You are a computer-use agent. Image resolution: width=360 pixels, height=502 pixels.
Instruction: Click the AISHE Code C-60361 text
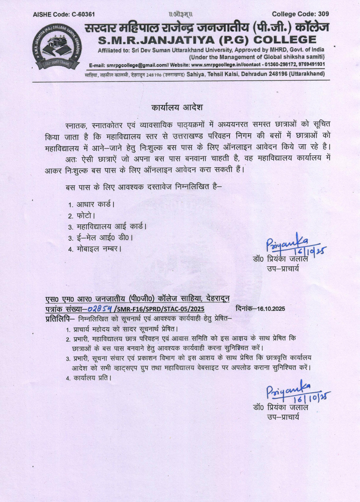(x=64, y=14)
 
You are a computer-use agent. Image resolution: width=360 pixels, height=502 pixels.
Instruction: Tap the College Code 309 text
(x=300, y=14)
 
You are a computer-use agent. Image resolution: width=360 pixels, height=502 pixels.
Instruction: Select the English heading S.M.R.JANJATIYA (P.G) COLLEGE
(x=207, y=40)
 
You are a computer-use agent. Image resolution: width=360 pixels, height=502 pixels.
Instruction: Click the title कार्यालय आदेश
(x=177, y=107)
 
